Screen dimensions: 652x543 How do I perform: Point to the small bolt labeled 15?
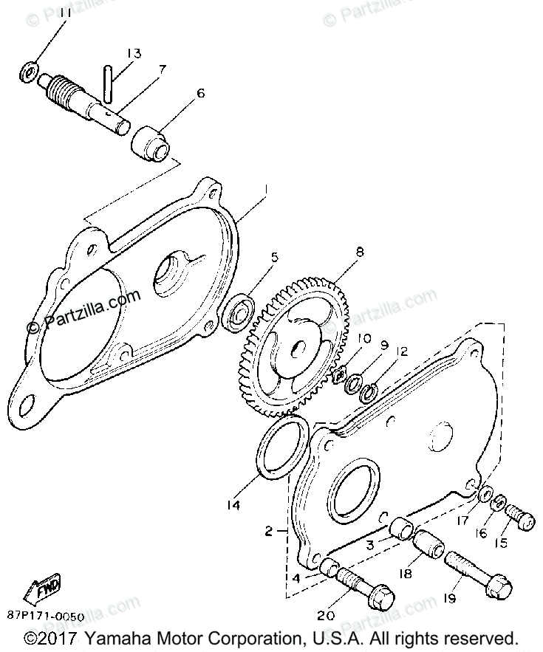[x=519, y=515]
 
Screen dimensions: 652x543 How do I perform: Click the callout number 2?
[x=268, y=530]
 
